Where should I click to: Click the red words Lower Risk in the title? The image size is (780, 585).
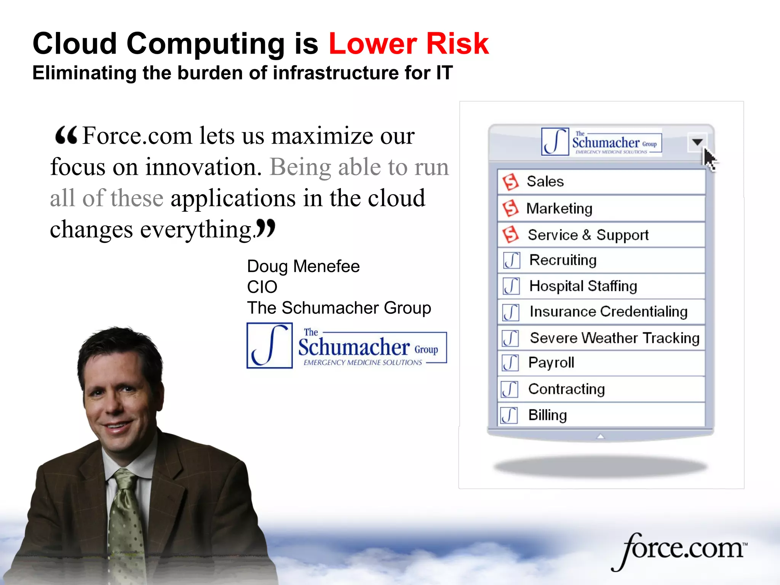(408, 44)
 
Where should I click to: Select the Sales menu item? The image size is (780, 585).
(545, 182)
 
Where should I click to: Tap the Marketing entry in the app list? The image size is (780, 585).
(559, 209)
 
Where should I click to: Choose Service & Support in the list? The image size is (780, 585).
(588, 235)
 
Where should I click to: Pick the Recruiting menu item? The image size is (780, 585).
(563, 260)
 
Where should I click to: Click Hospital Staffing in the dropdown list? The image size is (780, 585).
(583, 286)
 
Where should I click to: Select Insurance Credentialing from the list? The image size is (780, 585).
(608, 312)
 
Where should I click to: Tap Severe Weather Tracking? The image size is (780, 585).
(614, 338)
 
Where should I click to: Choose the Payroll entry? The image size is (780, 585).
(551, 363)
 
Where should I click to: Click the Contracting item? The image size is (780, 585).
(566, 389)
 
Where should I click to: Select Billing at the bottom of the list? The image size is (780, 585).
(547, 415)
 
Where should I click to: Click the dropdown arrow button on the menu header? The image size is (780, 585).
(697, 142)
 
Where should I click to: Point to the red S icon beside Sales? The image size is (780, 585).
(510, 182)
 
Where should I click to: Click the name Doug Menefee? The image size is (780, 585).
(303, 266)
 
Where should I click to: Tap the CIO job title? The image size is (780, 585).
(262, 287)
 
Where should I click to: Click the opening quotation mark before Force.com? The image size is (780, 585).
(66, 136)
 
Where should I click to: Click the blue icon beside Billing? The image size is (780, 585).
(509, 415)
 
